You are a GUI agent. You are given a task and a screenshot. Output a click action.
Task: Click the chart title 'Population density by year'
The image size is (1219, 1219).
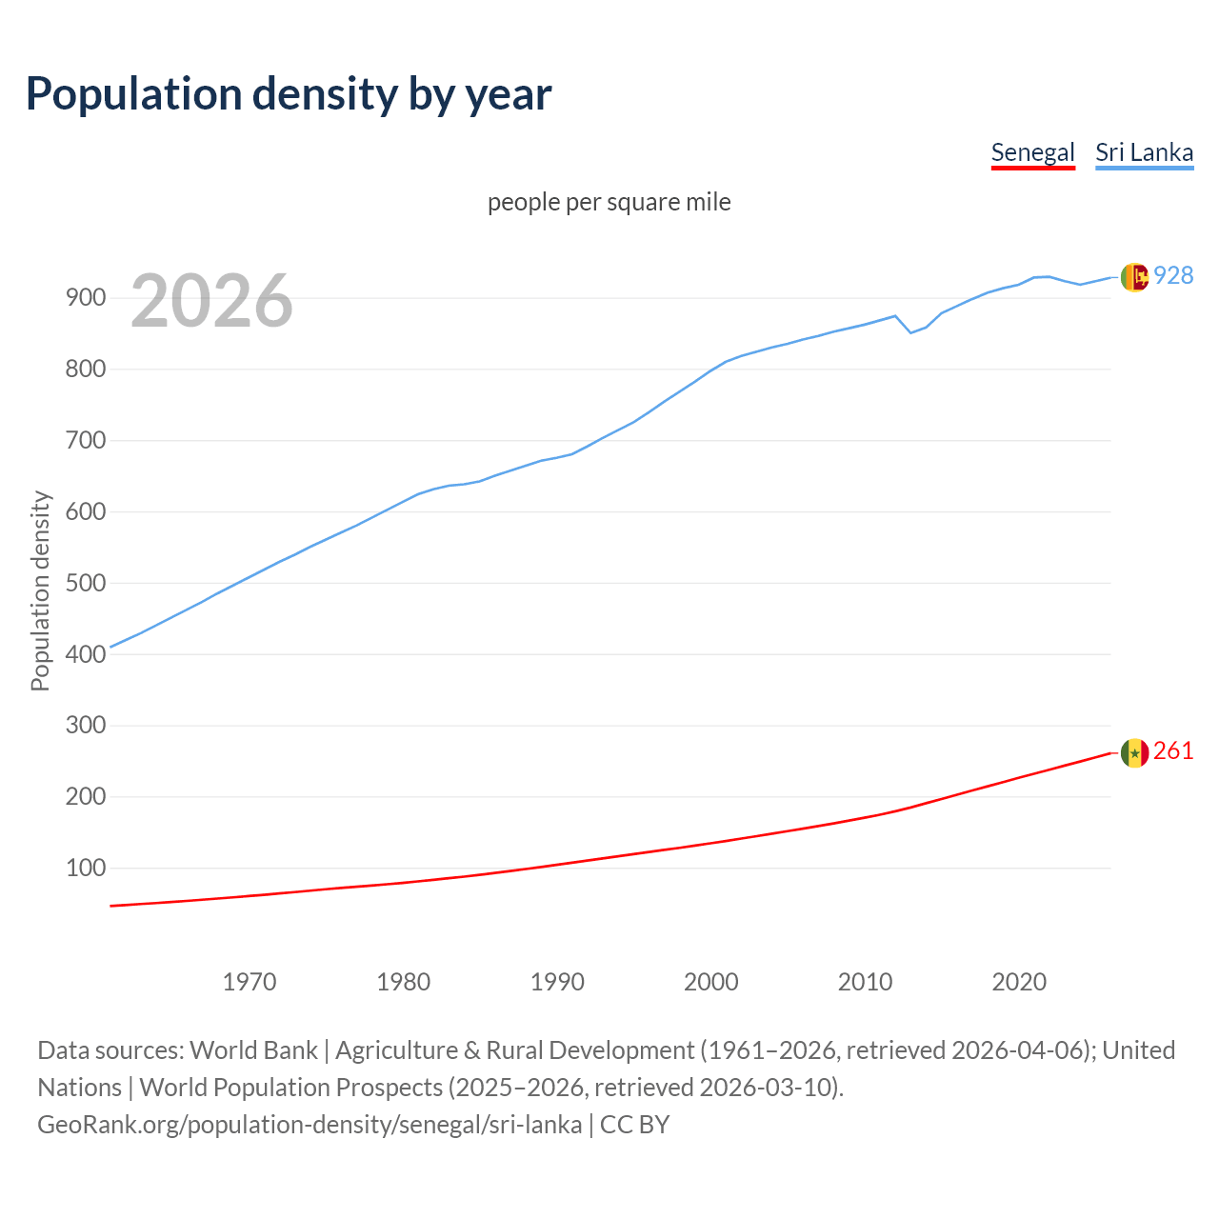[289, 93]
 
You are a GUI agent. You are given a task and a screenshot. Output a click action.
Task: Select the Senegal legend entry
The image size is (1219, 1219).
[1032, 152]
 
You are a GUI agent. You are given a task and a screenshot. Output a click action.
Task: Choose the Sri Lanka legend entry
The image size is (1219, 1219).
[1144, 152]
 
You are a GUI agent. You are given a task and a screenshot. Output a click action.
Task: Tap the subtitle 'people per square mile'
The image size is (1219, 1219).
[609, 202]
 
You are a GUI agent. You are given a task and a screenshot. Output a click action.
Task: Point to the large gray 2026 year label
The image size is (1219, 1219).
[211, 301]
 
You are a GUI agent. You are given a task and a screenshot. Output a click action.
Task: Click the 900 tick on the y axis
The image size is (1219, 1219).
[85, 298]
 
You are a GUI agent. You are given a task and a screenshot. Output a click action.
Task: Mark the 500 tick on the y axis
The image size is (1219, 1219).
[85, 583]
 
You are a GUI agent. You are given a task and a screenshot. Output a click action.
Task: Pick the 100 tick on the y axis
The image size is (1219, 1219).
[85, 868]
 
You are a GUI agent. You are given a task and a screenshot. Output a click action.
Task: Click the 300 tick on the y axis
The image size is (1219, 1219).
[85, 726]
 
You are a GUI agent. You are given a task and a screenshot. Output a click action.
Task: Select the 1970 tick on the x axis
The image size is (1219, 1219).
[250, 981]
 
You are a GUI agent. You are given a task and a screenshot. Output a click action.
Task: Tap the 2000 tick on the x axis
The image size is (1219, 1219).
[711, 981]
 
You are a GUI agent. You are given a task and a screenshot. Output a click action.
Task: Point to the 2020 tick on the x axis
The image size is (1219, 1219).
[1019, 981]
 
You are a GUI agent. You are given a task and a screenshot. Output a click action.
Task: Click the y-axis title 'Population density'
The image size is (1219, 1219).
[40, 590]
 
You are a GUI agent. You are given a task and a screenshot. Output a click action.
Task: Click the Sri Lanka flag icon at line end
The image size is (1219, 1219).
[1134, 277]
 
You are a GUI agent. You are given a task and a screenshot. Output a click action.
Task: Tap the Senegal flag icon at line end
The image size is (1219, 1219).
[1134, 752]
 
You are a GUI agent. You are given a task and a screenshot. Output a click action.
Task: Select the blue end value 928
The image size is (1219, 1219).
[1173, 275]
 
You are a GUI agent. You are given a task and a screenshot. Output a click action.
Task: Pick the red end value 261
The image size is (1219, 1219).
[1173, 750]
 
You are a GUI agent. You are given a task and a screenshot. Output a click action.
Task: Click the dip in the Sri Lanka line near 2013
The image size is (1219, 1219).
[910, 332]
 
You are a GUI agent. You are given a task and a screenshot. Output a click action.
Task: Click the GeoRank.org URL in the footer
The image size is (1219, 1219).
[310, 1125]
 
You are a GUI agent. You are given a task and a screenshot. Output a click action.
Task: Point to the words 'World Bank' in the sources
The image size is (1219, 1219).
[253, 1050]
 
